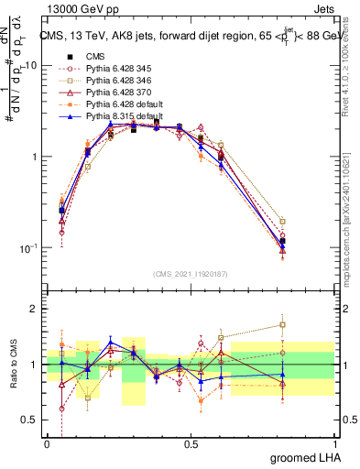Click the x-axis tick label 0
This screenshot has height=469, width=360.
click(47, 443)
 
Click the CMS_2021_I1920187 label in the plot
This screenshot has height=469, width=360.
click(191, 274)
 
